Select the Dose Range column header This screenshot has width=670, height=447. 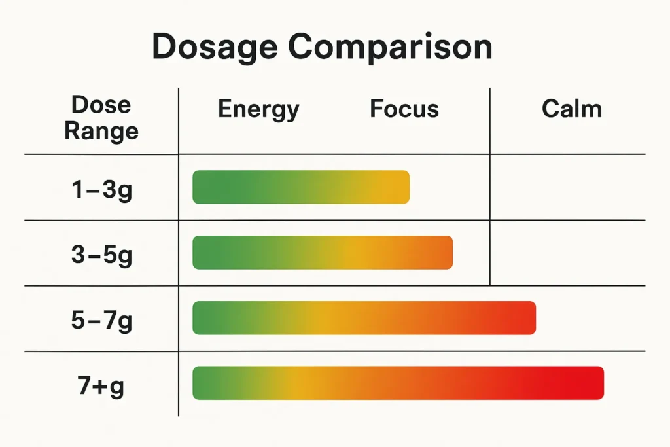coord(101,118)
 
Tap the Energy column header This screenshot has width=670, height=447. coord(258,109)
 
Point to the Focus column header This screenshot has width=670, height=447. coord(404,109)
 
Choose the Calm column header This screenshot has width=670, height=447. coord(571,109)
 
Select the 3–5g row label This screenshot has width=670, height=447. coord(101,254)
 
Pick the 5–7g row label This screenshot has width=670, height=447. coord(101,320)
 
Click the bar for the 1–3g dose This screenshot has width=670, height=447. coord(301,187)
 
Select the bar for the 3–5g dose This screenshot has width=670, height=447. coord(323,253)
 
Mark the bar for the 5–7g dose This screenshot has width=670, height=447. coord(364,318)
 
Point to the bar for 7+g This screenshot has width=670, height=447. coord(398,383)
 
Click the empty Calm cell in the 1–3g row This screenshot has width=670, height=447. coord(567,187)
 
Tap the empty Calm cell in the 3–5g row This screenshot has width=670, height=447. coord(567,253)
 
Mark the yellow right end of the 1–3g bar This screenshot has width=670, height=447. coord(398,187)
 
